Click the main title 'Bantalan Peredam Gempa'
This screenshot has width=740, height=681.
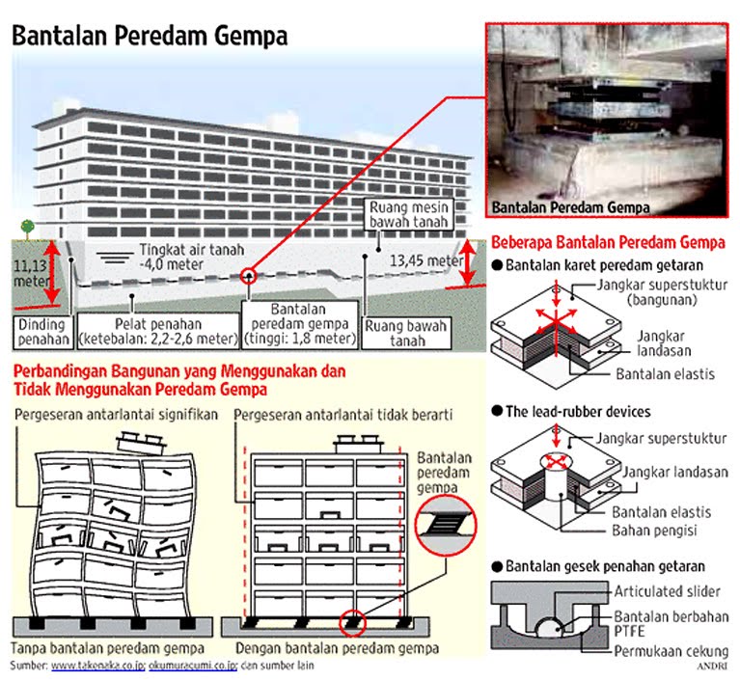(x=150, y=37)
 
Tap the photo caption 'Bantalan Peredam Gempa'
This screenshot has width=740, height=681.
(x=570, y=206)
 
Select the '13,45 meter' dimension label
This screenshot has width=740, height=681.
(x=425, y=260)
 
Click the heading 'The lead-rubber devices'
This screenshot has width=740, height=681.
(x=578, y=412)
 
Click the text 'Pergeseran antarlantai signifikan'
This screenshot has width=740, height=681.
(x=115, y=414)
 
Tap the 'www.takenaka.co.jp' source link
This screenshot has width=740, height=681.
(x=96, y=666)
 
